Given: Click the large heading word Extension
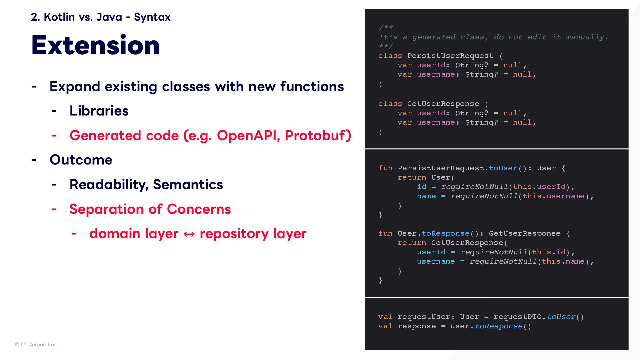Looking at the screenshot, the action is click(x=95, y=45).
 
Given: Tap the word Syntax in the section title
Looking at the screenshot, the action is click(x=152, y=17).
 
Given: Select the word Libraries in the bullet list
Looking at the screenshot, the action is click(x=99, y=111).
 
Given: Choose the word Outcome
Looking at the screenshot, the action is click(x=81, y=160).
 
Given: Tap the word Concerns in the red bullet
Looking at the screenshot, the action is click(x=199, y=209).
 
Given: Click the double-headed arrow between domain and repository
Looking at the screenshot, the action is click(x=189, y=234).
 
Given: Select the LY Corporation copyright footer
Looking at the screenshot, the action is click(x=36, y=344).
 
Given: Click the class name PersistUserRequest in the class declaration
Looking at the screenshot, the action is click(x=450, y=56).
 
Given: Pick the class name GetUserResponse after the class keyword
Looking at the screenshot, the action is click(x=443, y=104).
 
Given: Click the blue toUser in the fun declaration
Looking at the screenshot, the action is click(x=503, y=168).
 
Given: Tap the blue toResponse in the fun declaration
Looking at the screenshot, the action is click(x=445, y=233).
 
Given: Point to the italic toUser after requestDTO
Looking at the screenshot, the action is click(x=561, y=317).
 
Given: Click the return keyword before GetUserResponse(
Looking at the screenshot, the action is click(x=412, y=243).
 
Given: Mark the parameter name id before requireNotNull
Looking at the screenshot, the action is click(x=421, y=187).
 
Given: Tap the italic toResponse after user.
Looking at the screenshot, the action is click(x=498, y=326).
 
